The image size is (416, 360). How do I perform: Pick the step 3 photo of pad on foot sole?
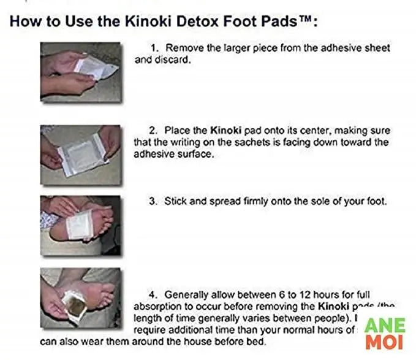point(80,225)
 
